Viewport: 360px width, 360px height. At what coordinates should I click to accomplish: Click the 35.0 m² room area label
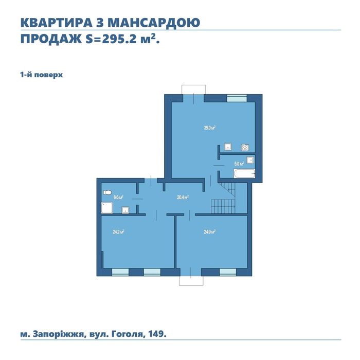pos(209,128)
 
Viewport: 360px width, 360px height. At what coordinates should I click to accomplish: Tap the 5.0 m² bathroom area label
pos(239,164)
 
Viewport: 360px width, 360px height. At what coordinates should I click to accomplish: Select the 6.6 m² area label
pos(118,196)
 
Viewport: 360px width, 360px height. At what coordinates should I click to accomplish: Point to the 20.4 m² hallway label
pos(183,196)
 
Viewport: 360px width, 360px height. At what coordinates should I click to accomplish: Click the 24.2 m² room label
pos(119,231)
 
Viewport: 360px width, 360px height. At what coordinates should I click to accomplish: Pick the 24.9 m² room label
pos(209,231)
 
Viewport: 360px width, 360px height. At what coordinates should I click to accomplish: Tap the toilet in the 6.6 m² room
pos(107,193)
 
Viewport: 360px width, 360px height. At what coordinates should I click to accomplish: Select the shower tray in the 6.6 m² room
pos(107,207)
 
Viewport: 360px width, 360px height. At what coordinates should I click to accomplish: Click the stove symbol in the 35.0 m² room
pos(245,147)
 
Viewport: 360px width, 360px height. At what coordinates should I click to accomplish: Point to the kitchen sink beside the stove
pos(228,147)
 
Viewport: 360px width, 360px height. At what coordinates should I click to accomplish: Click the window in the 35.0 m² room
pos(237,96)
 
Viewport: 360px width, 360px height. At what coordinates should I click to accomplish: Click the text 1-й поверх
pos(42,75)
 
